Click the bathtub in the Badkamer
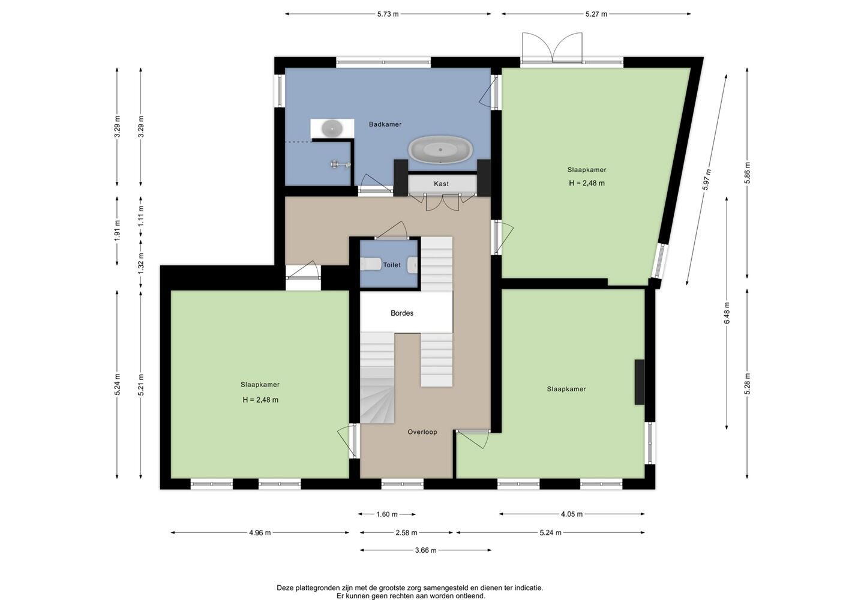(x=440, y=149)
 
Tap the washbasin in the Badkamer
(x=332, y=128)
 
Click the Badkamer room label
(x=385, y=124)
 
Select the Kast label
(x=441, y=184)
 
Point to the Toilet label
(x=391, y=265)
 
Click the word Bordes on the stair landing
(x=402, y=313)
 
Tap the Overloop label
(x=422, y=432)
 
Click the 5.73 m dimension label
(x=388, y=14)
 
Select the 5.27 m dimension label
(x=596, y=14)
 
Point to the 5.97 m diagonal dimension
(x=707, y=179)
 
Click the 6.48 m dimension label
(x=727, y=313)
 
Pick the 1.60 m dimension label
(x=387, y=514)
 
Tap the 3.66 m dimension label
(x=426, y=550)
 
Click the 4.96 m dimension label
(x=260, y=533)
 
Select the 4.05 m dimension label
(x=572, y=514)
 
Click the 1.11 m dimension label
(x=141, y=216)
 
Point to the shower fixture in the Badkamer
(x=340, y=164)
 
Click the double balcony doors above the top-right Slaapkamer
(x=552, y=47)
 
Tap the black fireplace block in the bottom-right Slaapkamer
(x=640, y=382)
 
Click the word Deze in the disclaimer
(x=285, y=588)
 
